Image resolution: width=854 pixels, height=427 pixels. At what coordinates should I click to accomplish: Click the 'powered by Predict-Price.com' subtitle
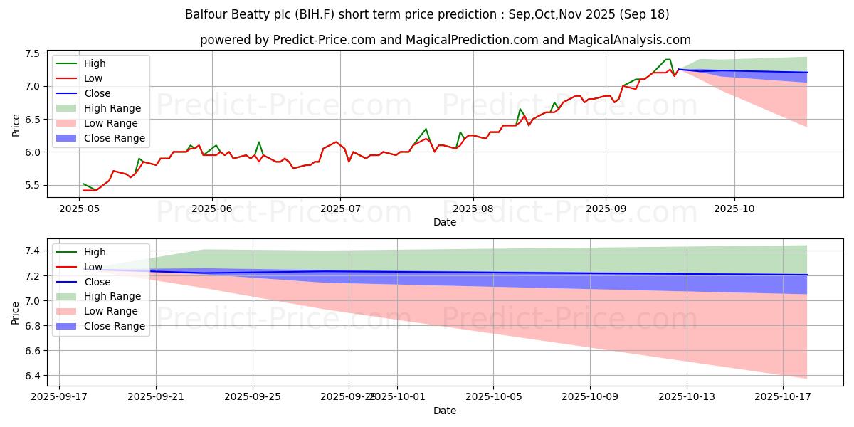tap(445, 40)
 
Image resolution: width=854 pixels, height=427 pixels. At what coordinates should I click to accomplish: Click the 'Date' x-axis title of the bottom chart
tap(445, 411)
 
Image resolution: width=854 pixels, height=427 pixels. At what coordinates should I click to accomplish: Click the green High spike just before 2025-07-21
tap(426, 129)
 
